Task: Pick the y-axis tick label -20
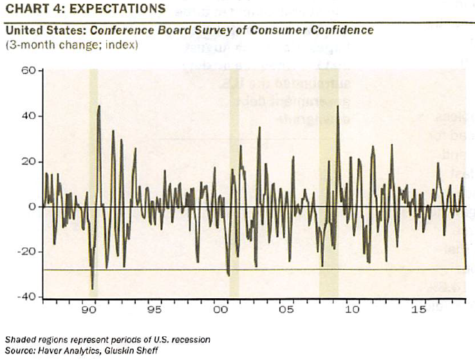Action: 28,251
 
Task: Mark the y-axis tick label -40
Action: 28,296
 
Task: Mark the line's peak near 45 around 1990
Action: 99,106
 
